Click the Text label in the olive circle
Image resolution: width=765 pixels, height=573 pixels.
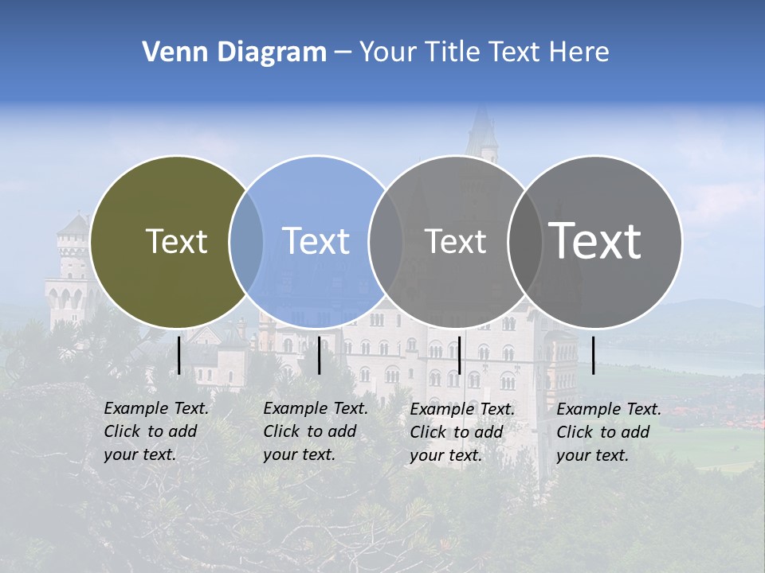176,241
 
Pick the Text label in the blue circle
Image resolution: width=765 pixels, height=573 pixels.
316,241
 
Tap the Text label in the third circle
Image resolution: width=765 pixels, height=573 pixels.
455,241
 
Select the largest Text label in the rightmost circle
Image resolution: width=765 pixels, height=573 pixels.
595,240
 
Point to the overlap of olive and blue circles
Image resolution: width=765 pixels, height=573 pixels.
246,241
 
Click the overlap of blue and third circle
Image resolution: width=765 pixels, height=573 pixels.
386,241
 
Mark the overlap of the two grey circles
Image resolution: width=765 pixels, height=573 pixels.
525,241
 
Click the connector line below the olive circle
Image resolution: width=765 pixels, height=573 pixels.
179,355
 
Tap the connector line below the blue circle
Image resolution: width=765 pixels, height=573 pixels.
319,355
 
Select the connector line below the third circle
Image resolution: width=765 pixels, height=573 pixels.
459,355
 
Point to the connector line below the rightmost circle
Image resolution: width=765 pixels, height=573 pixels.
593,355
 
